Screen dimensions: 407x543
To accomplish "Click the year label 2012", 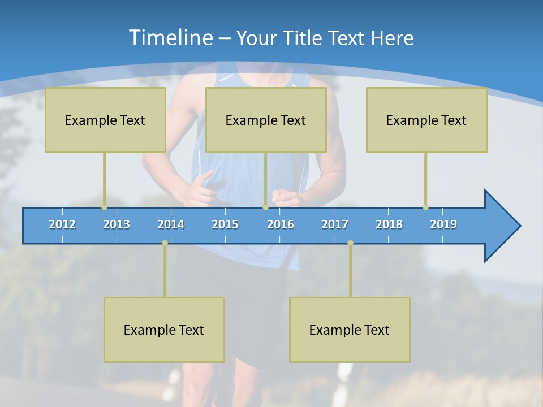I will pos(62,224).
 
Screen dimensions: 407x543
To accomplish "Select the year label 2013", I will pos(117,224).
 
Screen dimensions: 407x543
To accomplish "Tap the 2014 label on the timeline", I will pos(171,224).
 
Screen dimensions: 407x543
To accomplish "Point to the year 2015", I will pos(225,224).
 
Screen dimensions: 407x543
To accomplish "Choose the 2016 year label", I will pos(281,224).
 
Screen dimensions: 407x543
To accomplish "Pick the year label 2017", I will pos(335,224).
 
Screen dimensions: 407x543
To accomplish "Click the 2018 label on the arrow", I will pos(389,224).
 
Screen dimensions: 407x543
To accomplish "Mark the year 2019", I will pos(443,224).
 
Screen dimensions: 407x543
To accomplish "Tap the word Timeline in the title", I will pos(170,38).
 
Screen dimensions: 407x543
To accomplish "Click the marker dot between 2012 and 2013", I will pos(104,207).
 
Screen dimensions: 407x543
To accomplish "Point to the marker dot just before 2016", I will pos(265,207).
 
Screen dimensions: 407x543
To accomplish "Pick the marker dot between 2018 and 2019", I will pos(425,207).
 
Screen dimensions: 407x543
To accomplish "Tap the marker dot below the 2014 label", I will pos(165,243).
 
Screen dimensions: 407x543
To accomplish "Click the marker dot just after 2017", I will pos(350,243).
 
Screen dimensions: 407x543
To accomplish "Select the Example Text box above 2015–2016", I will pos(265,120).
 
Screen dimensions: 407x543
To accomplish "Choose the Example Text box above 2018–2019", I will pos(426,120).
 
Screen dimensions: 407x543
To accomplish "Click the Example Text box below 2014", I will pos(164,330).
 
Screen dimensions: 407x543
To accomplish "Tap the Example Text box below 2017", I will pos(350,330).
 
